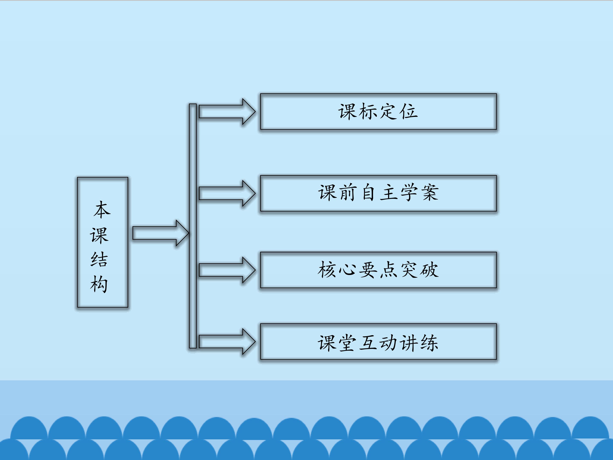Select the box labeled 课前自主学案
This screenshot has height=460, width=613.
pyautogui.click(x=378, y=193)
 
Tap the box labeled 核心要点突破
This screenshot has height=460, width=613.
pyautogui.click(x=378, y=270)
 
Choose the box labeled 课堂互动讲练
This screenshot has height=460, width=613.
pyautogui.click(x=378, y=342)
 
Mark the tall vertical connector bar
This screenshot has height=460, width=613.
pyautogui.click(x=193, y=226)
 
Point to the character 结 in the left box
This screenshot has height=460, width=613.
pyautogui.click(x=99, y=260)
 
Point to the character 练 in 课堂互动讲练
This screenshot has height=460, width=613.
pyautogui.click(x=429, y=343)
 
